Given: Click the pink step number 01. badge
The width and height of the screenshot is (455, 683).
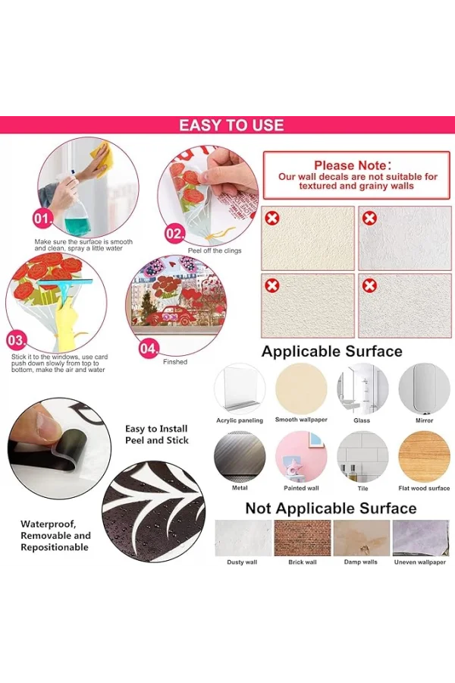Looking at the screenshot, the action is [x=42, y=219].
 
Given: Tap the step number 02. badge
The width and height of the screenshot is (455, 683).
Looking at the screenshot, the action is [x=174, y=234].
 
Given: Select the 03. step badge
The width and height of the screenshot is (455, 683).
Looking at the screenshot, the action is [x=16, y=340].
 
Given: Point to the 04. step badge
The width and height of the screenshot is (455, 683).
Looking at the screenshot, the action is [x=149, y=348].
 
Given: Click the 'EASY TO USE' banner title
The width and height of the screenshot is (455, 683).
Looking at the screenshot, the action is [x=231, y=125].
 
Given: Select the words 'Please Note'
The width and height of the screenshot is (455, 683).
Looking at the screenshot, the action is [x=350, y=165].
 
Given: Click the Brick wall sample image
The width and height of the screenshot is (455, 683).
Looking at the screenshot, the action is [x=302, y=537].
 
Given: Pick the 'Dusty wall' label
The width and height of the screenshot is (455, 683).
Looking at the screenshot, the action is [x=242, y=562].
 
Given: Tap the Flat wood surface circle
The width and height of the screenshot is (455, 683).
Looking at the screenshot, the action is [x=424, y=457].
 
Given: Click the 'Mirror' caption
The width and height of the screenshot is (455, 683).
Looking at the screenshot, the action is [x=424, y=420].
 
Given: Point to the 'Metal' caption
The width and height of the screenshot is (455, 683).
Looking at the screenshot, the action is [x=240, y=488].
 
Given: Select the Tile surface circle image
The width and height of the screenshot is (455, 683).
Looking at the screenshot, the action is [x=362, y=457].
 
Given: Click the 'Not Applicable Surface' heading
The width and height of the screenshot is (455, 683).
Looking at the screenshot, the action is [x=331, y=508].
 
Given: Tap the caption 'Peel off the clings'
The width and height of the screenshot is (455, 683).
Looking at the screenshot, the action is [x=214, y=250].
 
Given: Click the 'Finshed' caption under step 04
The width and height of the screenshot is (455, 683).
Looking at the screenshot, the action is [x=175, y=361].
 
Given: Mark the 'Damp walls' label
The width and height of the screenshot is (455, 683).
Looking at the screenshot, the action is [x=360, y=562].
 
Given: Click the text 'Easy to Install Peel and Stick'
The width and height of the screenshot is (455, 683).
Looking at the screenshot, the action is [x=157, y=434].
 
